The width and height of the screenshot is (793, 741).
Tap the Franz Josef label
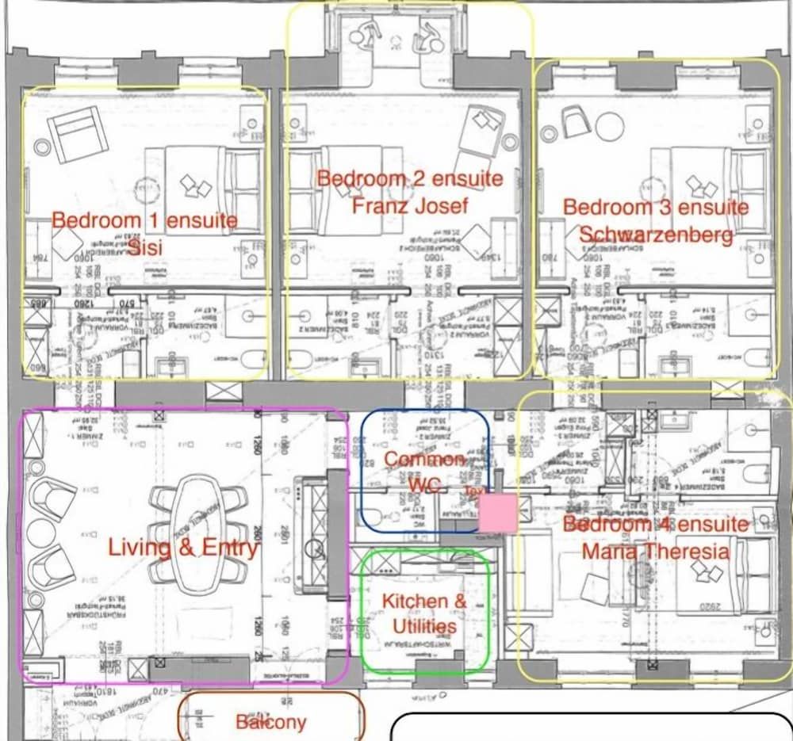click(x=410, y=206)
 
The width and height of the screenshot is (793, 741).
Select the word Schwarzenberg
click(x=655, y=235)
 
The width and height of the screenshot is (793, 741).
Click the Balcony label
click(x=270, y=722)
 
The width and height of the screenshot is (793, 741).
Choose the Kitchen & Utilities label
click(x=424, y=613)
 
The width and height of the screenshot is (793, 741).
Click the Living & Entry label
click(x=183, y=547)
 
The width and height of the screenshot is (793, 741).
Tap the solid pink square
click(x=500, y=514)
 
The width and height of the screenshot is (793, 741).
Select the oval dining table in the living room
click(x=194, y=533)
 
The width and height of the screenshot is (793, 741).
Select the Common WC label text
click(x=424, y=472)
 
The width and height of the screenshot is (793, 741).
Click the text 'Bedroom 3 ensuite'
click(x=655, y=207)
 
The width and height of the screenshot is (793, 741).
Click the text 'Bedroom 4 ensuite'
click(x=655, y=524)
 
